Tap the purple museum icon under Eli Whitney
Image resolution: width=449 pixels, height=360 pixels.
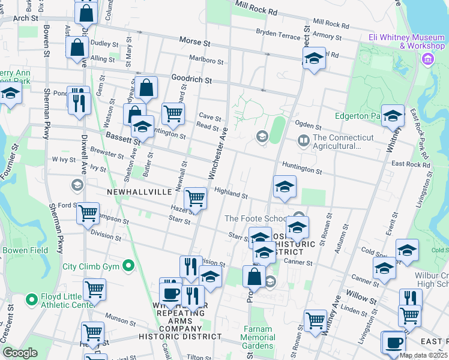[427, 59]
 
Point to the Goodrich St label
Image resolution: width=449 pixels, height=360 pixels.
[192, 79]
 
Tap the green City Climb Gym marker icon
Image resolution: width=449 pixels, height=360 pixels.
[128, 265]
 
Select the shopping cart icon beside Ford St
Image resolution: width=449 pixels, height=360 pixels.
[88, 212]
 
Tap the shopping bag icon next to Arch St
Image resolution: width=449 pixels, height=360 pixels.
[86, 12]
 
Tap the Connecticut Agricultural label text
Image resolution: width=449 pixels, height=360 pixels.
[336, 142]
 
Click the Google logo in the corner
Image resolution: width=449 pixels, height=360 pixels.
[20, 353]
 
